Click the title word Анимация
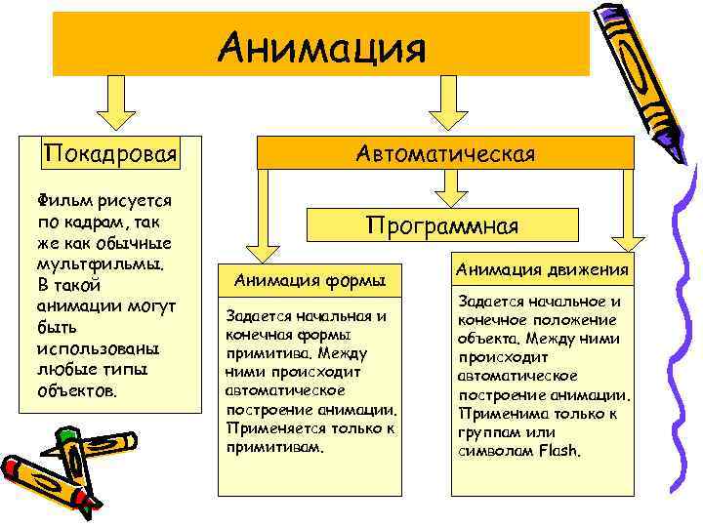(x=322, y=46)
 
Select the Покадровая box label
(x=109, y=154)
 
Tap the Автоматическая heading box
(x=445, y=153)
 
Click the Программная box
(x=442, y=224)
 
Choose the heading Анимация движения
(x=543, y=269)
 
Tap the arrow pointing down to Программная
(x=445, y=187)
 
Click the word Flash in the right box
(x=558, y=451)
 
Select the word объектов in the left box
(x=76, y=390)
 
